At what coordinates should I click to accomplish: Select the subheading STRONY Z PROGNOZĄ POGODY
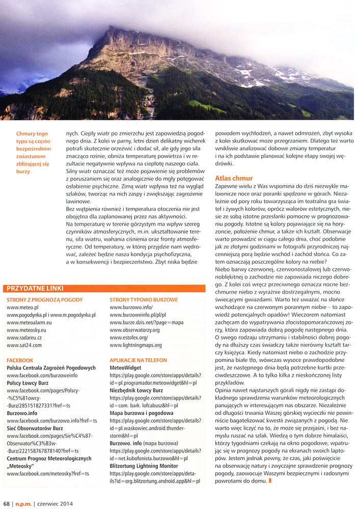point(44,300)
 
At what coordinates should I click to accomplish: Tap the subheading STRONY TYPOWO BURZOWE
point(144,300)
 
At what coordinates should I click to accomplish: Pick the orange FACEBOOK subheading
point(20,360)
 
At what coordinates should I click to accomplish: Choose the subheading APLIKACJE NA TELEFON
point(138,360)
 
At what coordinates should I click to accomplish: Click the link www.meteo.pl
point(22,307)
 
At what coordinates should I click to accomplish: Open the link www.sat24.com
point(24,345)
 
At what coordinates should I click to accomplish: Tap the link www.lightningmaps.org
point(135,345)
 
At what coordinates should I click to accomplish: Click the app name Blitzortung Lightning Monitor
point(144,465)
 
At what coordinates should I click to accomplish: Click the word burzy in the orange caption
point(23,172)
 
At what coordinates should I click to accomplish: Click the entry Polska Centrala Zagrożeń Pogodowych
point(51,367)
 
